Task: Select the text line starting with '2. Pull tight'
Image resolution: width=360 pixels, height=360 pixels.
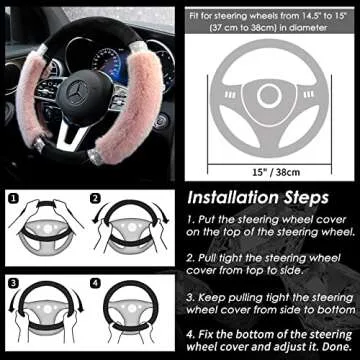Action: (x=262, y=258)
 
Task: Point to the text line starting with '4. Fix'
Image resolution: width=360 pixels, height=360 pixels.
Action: (x=262, y=334)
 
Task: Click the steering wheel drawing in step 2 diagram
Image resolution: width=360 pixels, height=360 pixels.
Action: (x=133, y=234)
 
